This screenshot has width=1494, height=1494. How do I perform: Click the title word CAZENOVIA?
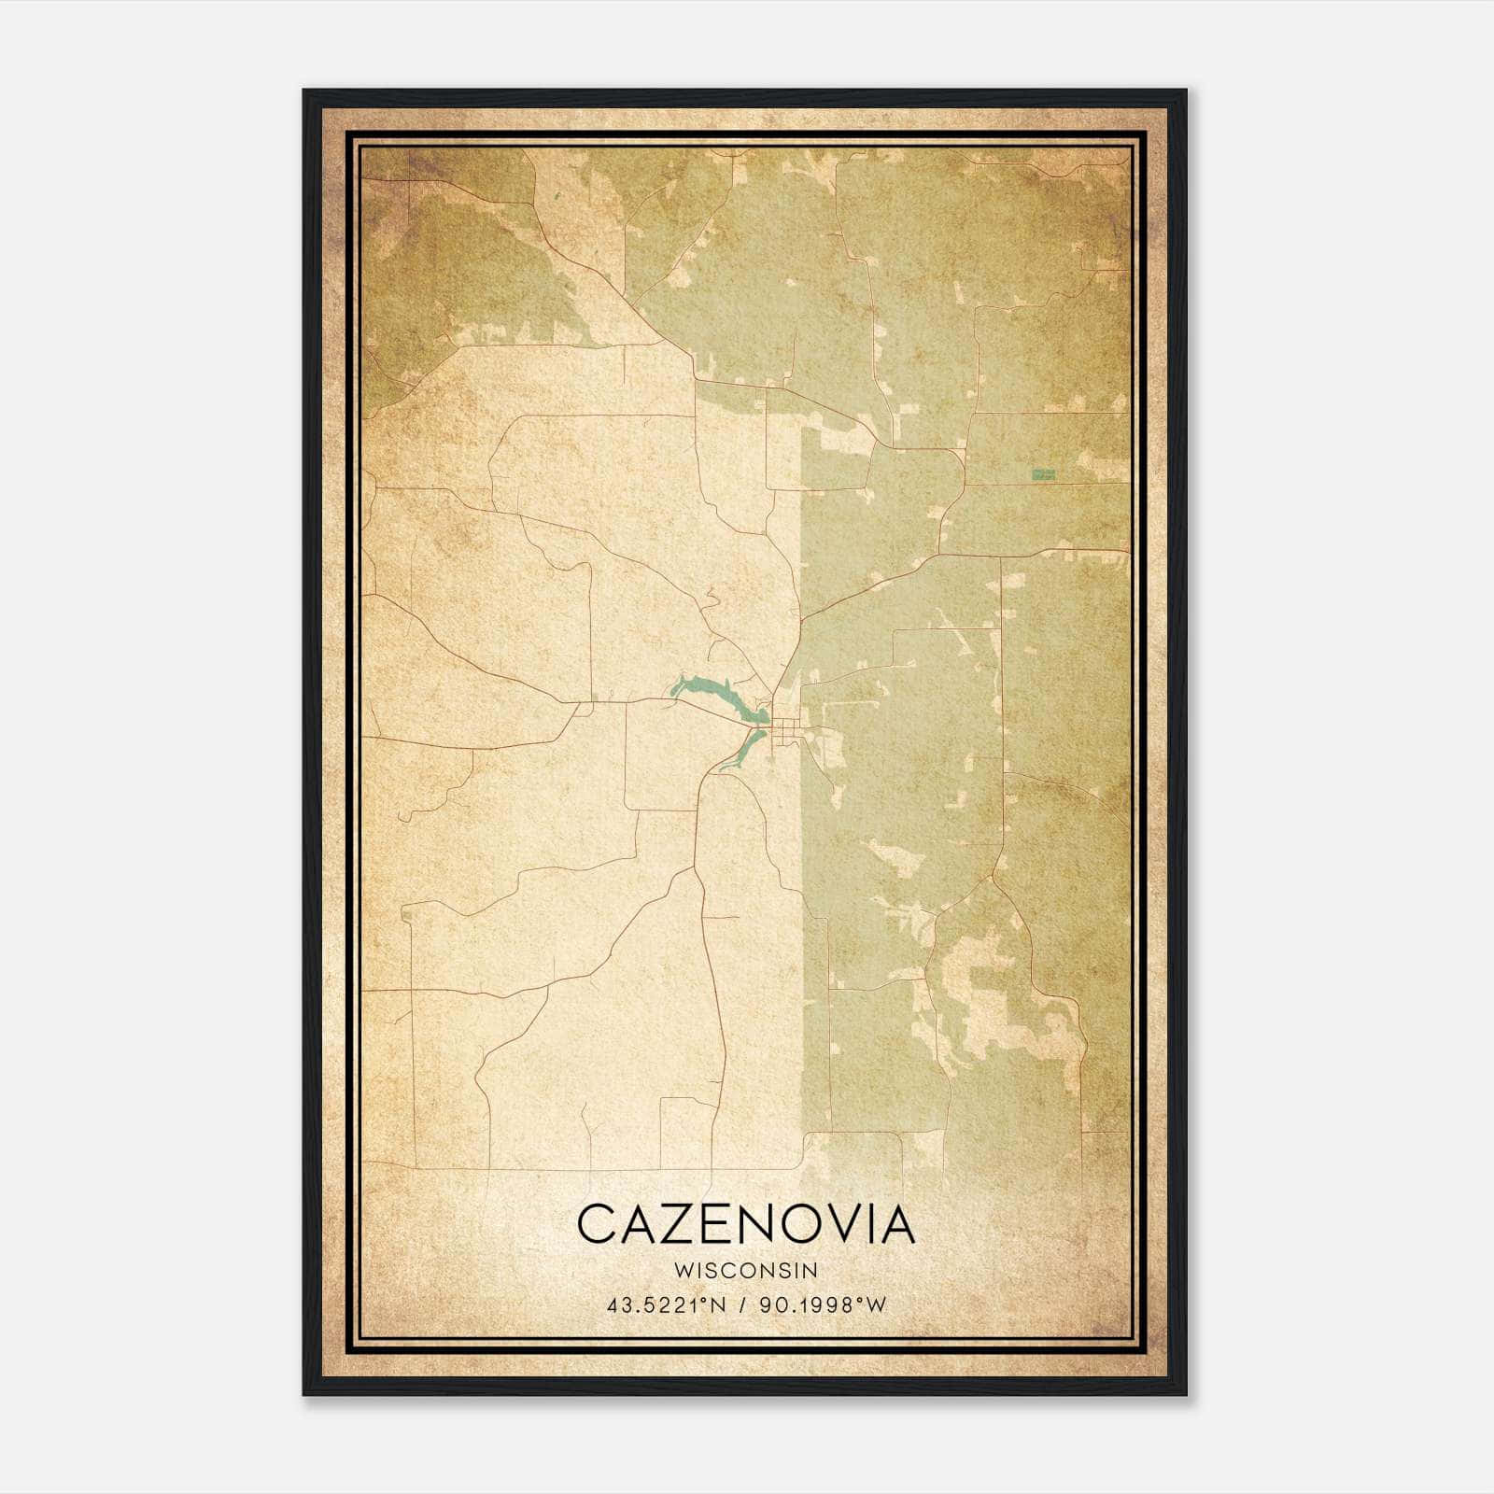click(x=746, y=1225)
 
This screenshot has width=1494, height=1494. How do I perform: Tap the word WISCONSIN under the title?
click(x=746, y=1270)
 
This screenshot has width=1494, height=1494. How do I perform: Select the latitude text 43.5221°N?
click(x=667, y=1305)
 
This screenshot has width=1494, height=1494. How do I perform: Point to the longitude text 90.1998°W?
click(x=821, y=1305)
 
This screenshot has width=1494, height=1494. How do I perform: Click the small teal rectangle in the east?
click(x=1043, y=474)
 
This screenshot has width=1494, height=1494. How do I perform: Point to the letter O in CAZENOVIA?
click(x=803, y=1225)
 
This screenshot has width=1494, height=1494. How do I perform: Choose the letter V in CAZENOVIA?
click(x=850, y=1225)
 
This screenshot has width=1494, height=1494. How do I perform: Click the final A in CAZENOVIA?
click(x=897, y=1225)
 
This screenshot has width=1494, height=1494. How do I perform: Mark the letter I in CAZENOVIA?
click(x=876, y=1225)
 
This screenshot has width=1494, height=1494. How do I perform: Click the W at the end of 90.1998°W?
click(x=875, y=1305)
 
